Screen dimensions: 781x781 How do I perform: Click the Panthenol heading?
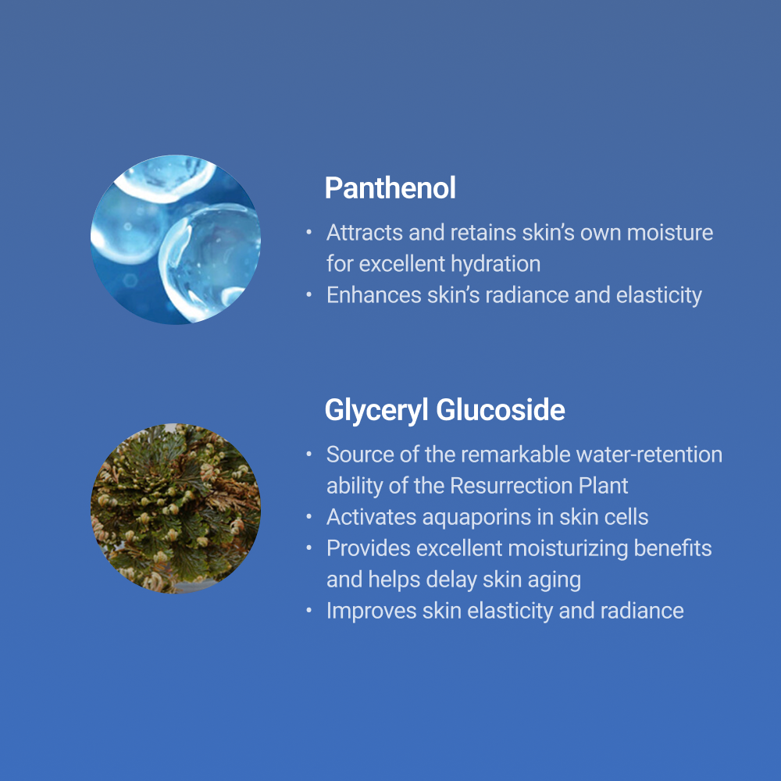click(x=390, y=187)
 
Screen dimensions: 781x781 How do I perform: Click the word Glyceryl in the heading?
click(x=376, y=411)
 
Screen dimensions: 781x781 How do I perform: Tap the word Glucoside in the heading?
click(x=501, y=410)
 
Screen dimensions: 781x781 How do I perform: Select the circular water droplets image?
click(x=175, y=240)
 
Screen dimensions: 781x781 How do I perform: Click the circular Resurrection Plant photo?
click(x=175, y=508)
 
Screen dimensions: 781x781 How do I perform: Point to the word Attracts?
click(x=365, y=233)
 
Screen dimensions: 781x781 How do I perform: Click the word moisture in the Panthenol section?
click(x=670, y=233)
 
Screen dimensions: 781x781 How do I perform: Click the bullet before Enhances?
click(x=308, y=295)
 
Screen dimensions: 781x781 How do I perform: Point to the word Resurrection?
click(x=511, y=486)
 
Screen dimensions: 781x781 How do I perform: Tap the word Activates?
click(x=372, y=517)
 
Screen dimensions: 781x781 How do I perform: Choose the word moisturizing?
click(x=568, y=549)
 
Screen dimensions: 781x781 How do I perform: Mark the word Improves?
click(x=372, y=612)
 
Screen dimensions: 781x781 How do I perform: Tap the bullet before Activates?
click(x=308, y=517)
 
